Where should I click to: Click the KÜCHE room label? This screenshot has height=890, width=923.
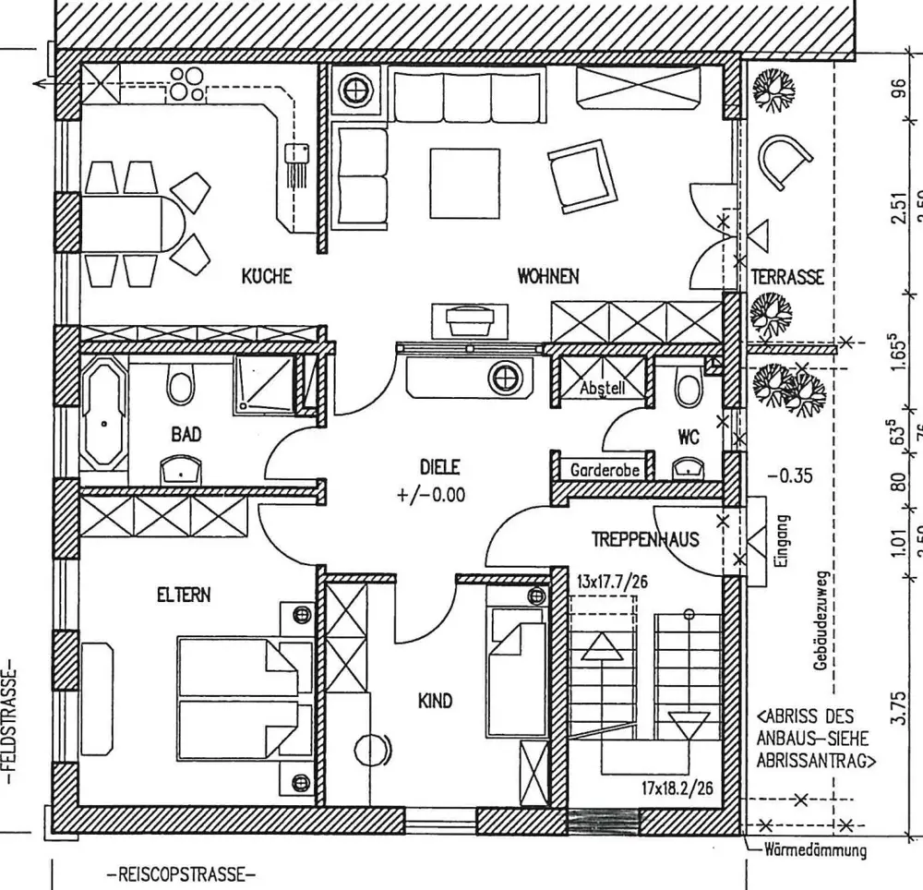click(267, 275)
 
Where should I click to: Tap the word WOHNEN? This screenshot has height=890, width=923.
click(548, 275)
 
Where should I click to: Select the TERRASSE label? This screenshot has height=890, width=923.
click(786, 276)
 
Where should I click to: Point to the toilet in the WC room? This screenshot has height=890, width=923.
click(688, 389)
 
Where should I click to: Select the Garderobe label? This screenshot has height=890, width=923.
click(605, 470)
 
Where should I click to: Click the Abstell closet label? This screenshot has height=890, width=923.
click(603, 389)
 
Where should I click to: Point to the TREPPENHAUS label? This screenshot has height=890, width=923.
click(645, 539)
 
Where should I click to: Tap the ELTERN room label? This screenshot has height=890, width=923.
click(183, 595)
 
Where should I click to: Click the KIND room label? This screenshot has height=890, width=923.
click(436, 702)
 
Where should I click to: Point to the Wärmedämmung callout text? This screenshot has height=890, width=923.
click(815, 850)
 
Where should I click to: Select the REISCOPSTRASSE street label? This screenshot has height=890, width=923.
click(180, 874)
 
